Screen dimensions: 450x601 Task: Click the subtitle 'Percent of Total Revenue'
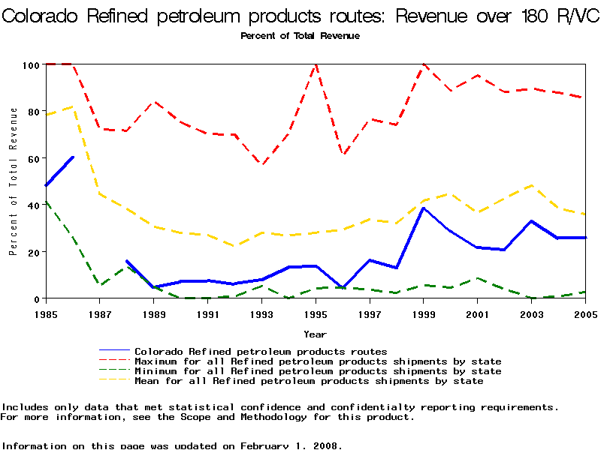(x=300, y=35)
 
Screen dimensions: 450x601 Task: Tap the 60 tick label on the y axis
(x=31, y=159)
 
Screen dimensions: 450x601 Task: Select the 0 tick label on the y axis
(x=35, y=298)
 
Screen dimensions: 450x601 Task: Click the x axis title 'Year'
(x=315, y=334)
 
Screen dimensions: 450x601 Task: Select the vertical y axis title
(x=14, y=181)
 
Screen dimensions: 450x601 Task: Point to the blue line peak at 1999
(x=424, y=208)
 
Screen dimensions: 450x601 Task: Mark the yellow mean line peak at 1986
(x=73, y=106)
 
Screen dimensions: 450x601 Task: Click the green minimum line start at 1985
(x=46, y=201)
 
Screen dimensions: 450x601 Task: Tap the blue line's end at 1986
(x=73, y=157)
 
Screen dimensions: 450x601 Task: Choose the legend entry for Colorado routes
(x=261, y=351)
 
